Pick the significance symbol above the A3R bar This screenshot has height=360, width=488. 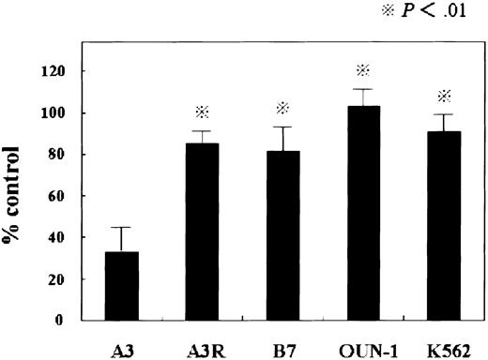click(201, 112)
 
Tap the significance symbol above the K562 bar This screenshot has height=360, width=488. click(443, 96)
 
